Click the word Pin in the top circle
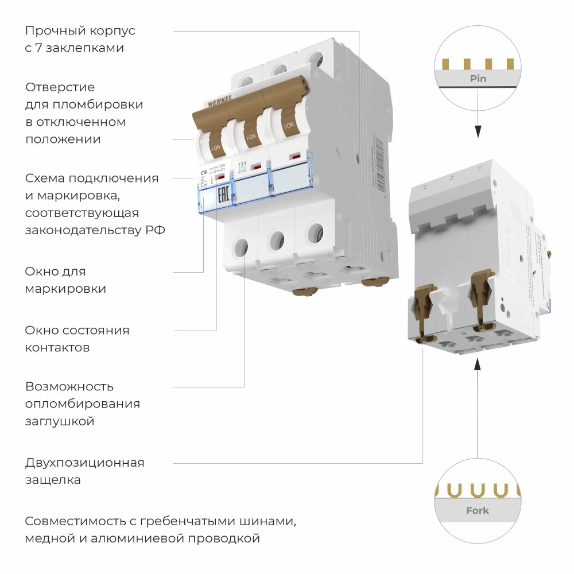478,79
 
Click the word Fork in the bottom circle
478,510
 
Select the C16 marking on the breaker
204,172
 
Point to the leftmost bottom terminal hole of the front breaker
241,247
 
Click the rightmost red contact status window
296,156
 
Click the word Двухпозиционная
84,463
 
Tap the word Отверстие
60,87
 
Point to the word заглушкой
59,421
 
